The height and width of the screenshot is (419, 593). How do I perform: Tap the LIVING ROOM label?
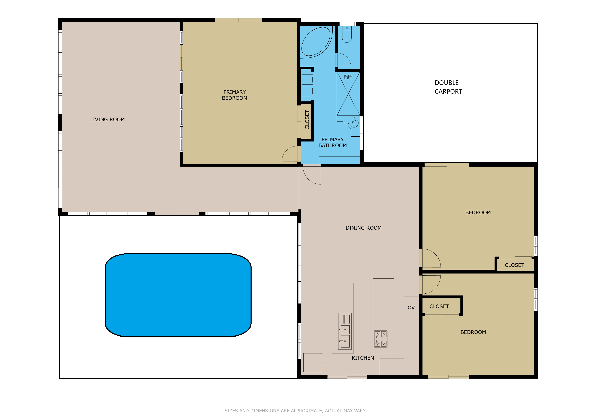[x=107, y=119]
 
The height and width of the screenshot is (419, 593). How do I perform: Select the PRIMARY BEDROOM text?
[x=235, y=95]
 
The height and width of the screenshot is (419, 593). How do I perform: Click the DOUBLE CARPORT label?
[x=448, y=87]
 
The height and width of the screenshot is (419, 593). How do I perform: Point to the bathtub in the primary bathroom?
[x=315, y=42]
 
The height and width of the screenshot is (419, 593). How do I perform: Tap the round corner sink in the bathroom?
[x=353, y=122]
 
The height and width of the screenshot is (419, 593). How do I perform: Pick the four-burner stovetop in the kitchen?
[x=381, y=339]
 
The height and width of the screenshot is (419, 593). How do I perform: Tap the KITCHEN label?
[x=363, y=358]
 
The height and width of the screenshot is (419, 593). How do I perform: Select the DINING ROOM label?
[x=363, y=228]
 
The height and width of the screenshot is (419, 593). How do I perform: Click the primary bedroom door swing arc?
[x=289, y=154]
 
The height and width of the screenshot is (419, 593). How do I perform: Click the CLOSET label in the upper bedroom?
[x=514, y=265]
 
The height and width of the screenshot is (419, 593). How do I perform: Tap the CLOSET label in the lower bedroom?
[x=439, y=306]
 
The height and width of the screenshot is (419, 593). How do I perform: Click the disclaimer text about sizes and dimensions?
[x=295, y=410]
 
